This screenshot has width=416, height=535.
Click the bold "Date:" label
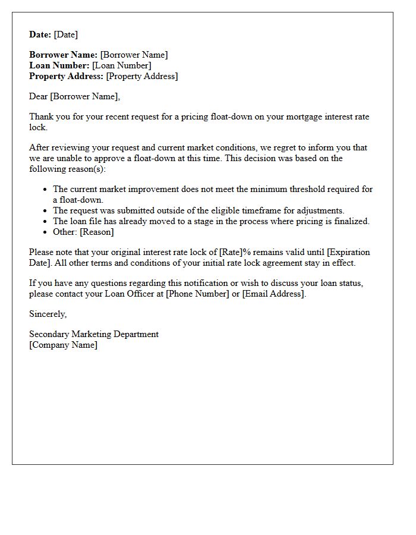[x=40, y=34]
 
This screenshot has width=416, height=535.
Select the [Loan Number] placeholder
[x=121, y=65]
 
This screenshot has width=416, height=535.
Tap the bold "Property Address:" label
[x=66, y=76]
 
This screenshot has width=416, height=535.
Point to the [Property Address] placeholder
[x=141, y=76]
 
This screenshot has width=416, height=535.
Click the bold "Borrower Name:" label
[x=64, y=55]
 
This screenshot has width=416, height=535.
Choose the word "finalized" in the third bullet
[x=349, y=221]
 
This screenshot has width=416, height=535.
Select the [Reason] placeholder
[x=97, y=232]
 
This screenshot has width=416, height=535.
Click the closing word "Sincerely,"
[x=48, y=314]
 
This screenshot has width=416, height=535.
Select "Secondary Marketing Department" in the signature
[x=94, y=334]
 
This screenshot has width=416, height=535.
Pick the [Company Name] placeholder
[x=64, y=345]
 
